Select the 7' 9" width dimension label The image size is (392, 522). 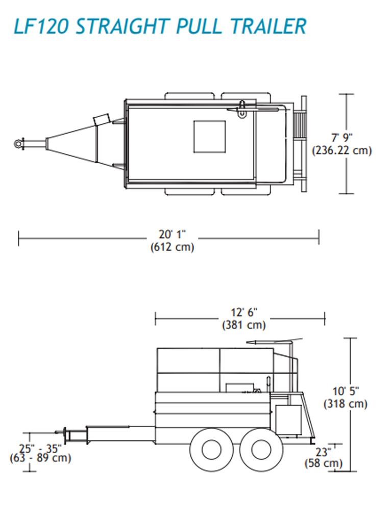[341, 137]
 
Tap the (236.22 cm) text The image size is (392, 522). [341, 150]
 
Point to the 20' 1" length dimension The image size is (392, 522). [172, 234]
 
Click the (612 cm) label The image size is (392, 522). [172, 248]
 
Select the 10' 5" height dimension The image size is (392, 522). [346, 391]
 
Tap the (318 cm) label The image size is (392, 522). [346, 404]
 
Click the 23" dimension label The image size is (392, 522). [323, 451]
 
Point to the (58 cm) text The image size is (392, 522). [324, 463]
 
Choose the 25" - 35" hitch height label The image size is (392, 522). [40, 449]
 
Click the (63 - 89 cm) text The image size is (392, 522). [40, 458]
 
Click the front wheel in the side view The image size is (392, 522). [211, 449]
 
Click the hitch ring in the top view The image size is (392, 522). [18, 144]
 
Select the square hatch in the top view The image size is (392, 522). [209, 137]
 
